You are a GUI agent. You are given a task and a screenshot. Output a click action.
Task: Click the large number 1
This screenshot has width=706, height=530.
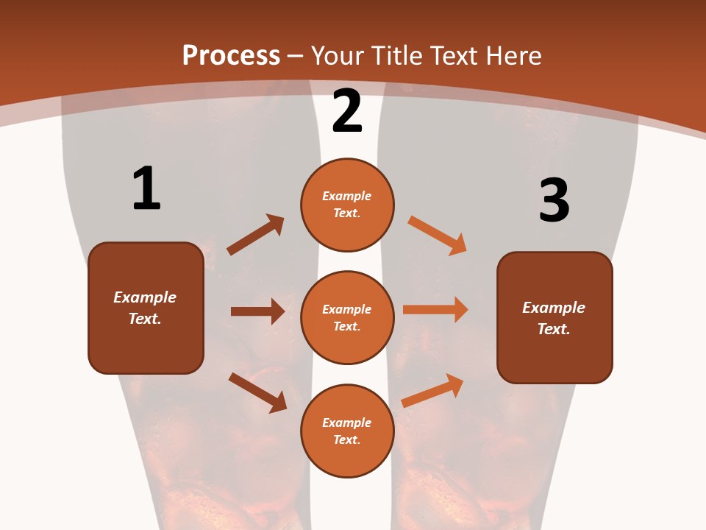[146, 188]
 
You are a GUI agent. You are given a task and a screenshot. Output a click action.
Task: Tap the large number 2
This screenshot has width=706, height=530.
[347, 110]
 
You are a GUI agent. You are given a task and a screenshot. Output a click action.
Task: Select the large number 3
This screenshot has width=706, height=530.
[554, 201]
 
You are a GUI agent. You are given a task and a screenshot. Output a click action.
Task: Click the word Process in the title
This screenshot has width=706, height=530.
[231, 55]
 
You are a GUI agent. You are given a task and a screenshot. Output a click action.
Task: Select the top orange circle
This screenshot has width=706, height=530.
[347, 205]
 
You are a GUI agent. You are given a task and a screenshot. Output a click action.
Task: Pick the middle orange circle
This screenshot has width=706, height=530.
[347, 318]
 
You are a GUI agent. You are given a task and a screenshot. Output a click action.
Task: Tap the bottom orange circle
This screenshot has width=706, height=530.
[347, 431]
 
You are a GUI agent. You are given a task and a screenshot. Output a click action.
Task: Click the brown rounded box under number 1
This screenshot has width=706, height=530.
[146, 308]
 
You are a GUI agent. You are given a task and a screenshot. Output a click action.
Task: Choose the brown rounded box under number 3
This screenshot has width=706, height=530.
[555, 318]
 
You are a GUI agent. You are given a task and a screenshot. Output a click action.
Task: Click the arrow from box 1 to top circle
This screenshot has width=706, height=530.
[256, 235]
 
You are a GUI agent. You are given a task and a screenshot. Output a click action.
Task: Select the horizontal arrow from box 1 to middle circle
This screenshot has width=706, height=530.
[257, 311]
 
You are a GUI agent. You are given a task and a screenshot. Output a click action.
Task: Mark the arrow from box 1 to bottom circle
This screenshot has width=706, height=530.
[257, 392]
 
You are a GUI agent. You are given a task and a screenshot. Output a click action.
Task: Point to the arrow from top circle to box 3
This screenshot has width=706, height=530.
[437, 235]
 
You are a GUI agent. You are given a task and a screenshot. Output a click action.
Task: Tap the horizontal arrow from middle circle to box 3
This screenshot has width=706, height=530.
[435, 310]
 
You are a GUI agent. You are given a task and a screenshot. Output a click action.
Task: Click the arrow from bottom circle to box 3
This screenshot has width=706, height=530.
[432, 390]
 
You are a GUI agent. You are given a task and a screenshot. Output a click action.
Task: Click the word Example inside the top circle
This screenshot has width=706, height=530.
[347, 196]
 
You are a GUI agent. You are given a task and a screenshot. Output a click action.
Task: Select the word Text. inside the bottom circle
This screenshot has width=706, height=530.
[347, 439]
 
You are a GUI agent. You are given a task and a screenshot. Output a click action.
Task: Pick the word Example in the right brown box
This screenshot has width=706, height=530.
[554, 308]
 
